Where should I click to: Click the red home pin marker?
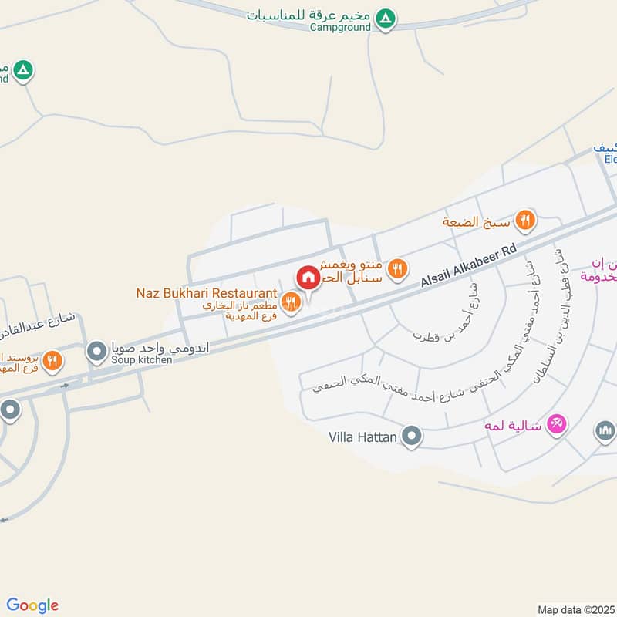point(308,278)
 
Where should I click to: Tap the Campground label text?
point(340,27)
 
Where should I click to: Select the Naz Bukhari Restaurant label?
point(207,293)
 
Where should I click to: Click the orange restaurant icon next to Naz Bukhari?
point(290,300)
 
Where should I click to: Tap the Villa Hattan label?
point(362,438)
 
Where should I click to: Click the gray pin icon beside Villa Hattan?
point(412,437)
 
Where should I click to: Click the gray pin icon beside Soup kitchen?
point(96,352)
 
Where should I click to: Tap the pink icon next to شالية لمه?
point(557,423)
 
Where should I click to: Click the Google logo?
point(33,605)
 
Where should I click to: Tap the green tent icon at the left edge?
point(25,71)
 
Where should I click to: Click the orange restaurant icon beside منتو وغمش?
point(397,268)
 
